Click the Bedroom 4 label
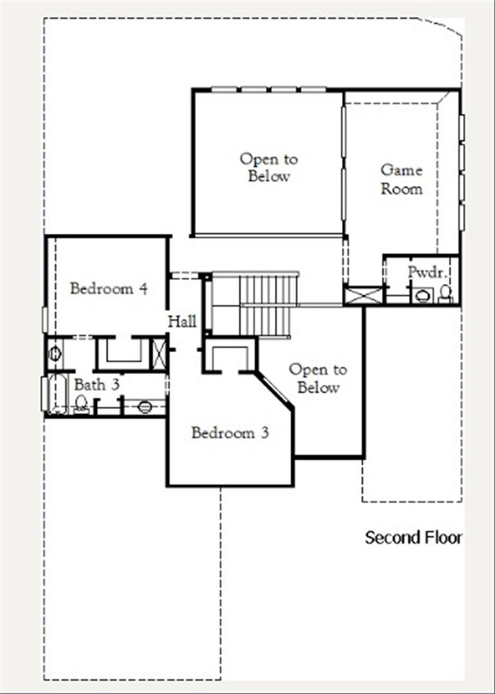(x=108, y=289)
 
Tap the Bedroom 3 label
(x=230, y=433)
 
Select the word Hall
(x=182, y=321)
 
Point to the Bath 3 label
(x=97, y=385)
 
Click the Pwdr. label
(x=427, y=272)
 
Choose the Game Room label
(x=401, y=179)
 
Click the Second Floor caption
(x=414, y=538)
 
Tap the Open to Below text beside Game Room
(x=269, y=168)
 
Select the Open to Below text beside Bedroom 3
(x=318, y=379)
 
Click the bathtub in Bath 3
(x=57, y=394)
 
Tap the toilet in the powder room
(x=446, y=294)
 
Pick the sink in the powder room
(x=423, y=296)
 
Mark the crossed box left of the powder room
(x=362, y=296)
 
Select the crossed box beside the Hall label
(x=159, y=353)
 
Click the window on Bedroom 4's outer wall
(x=45, y=319)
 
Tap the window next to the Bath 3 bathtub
(x=44, y=394)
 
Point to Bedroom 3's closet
(x=229, y=356)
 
